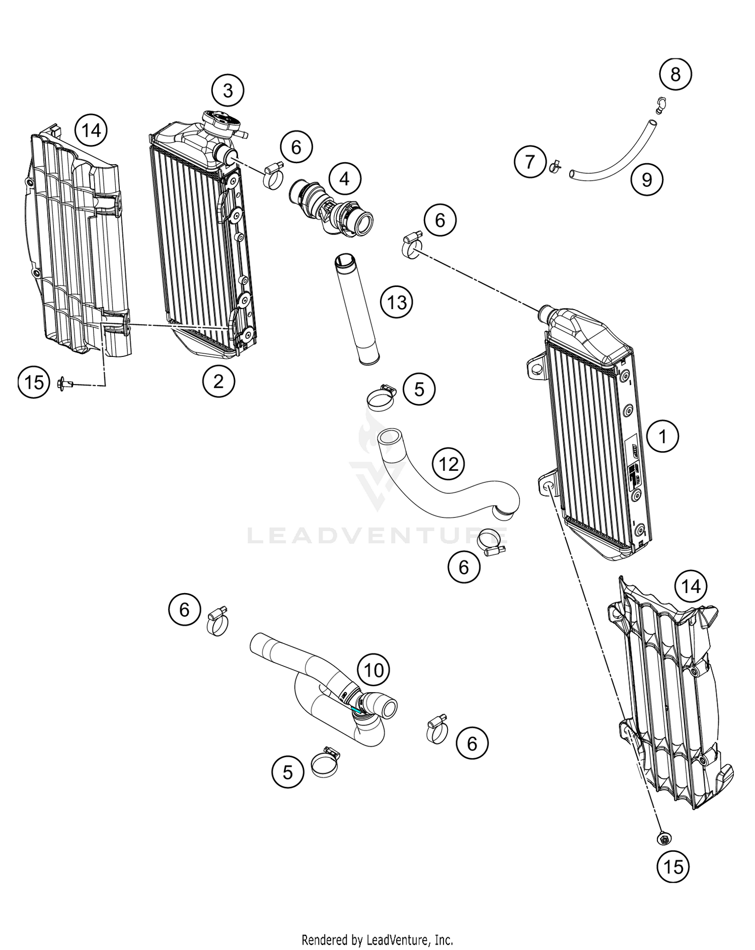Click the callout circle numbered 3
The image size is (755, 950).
click(x=228, y=91)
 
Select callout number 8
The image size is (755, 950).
click(x=675, y=75)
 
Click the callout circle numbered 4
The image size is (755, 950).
click(x=344, y=178)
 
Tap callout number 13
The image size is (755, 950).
click(x=397, y=303)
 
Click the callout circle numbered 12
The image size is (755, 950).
click(x=449, y=464)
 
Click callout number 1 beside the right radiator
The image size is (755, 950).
click(x=662, y=436)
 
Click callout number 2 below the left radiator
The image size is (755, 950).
click(x=218, y=381)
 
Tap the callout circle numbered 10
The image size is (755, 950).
click(x=373, y=670)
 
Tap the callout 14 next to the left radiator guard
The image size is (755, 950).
click(x=91, y=131)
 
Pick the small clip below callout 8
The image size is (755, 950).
click(x=660, y=104)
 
